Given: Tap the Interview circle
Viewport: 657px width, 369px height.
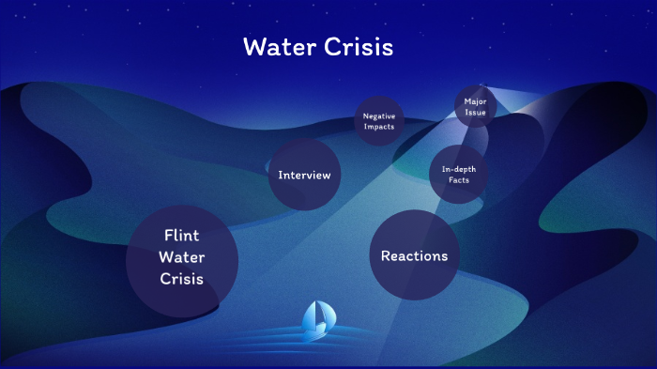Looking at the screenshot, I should click(x=304, y=175).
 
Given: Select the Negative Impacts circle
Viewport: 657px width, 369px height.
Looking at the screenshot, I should click(x=379, y=121).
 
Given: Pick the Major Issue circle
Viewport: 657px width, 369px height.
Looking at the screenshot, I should click(x=475, y=106).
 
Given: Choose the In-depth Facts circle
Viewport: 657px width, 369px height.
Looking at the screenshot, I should click(x=458, y=174).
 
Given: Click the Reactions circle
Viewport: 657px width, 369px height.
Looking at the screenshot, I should click(x=414, y=255).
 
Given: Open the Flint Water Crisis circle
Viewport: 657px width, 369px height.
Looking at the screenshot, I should click(x=182, y=260).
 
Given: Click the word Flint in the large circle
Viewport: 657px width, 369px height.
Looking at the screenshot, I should click(x=182, y=236).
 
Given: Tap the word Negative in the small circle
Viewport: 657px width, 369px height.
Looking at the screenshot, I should click(x=379, y=115).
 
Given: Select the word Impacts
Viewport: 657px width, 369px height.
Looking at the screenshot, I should click(x=379, y=127).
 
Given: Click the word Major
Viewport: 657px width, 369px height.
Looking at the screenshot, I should click(x=475, y=100).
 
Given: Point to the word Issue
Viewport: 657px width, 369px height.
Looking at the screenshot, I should click(x=475, y=112).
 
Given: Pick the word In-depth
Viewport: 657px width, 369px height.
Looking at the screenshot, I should click(x=458, y=168).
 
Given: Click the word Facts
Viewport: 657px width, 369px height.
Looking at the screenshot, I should click(x=458, y=179).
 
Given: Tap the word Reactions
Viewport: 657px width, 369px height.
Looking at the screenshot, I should click(x=414, y=255).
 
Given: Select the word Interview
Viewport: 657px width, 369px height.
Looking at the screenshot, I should click(x=304, y=175).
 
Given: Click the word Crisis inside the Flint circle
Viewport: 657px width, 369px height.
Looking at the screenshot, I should click(x=182, y=279).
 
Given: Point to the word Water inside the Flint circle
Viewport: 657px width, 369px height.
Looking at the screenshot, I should click(x=182, y=257).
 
